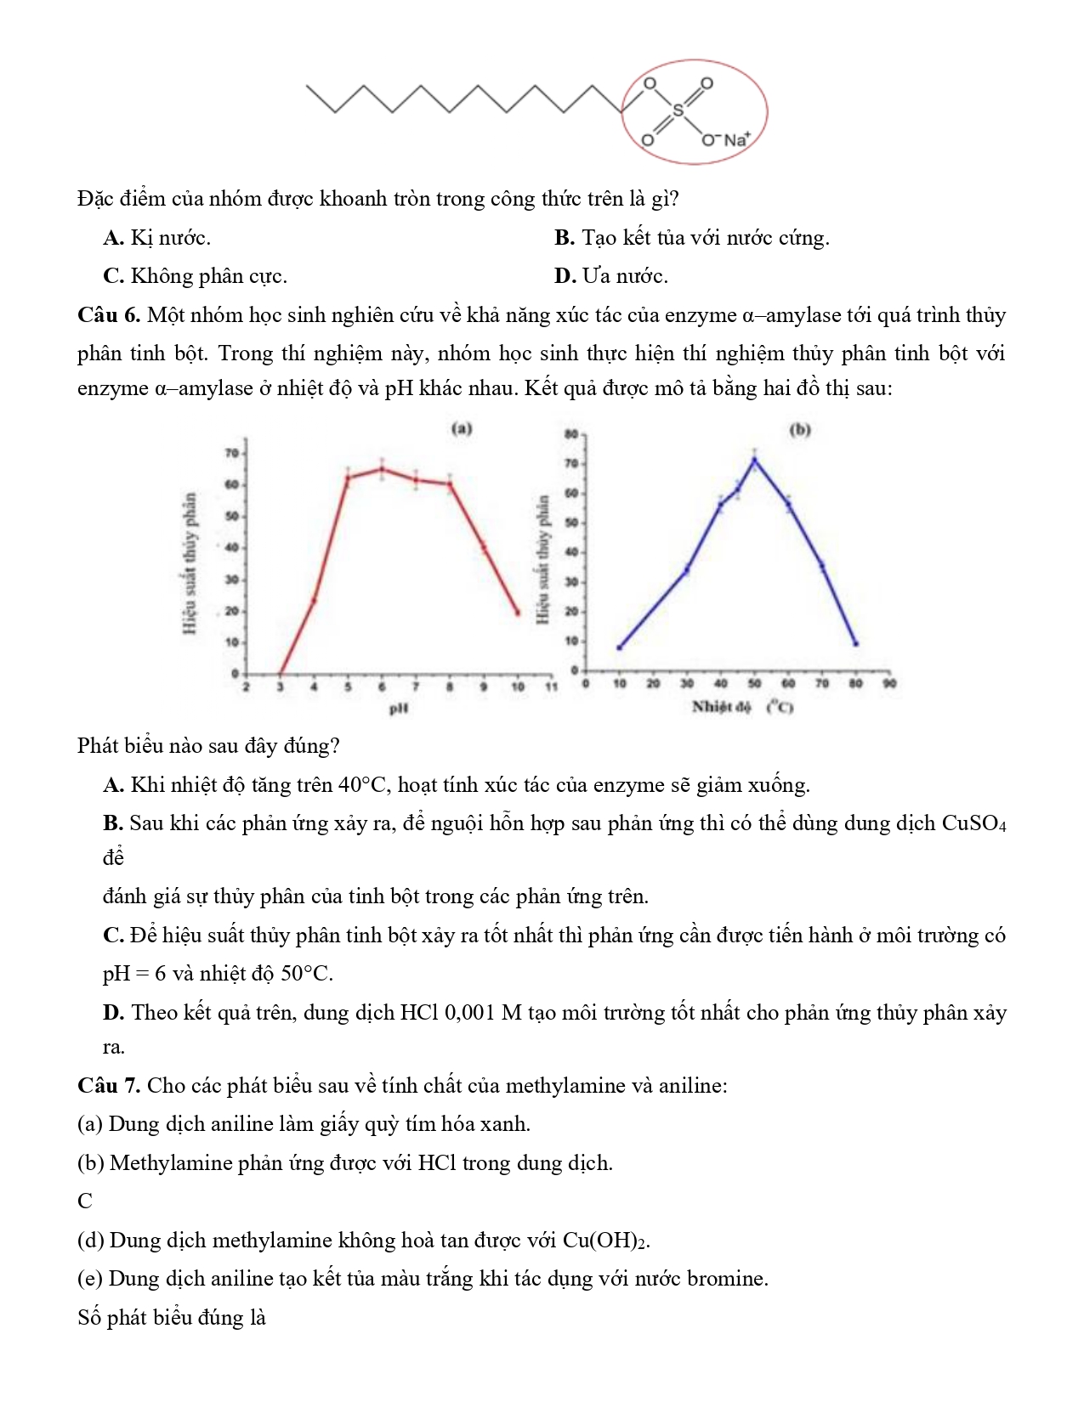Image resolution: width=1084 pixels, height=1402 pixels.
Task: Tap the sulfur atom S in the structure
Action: click(678, 110)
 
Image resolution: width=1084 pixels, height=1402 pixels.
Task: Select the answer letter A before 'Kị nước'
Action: click(114, 238)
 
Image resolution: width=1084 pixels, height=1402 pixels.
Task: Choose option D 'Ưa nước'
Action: click(610, 276)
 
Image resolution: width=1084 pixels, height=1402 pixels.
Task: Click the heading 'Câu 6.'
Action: click(108, 315)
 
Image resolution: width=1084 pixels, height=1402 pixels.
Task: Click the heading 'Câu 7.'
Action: click(108, 1086)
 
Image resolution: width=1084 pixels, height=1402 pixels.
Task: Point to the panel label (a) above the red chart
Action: click(462, 428)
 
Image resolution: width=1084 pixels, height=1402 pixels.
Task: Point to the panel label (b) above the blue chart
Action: click(800, 429)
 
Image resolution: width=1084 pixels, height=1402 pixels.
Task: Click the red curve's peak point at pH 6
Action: click(382, 469)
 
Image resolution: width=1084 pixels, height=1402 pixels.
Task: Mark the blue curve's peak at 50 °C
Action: click(754, 461)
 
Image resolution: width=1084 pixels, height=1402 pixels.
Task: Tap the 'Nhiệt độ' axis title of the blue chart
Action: click(721, 706)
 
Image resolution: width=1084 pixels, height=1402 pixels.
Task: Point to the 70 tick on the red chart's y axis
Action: click(231, 453)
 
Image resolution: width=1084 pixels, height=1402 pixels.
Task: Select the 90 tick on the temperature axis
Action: click(889, 683)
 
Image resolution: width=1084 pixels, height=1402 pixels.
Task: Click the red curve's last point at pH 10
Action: click(518, 613)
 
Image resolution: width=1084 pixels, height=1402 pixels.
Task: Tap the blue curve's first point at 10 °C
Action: click(619, 647)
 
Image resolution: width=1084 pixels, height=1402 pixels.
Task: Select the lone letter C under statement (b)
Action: click(85, 1201)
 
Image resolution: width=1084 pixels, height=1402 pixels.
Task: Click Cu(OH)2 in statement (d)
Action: click(605, 1241)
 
